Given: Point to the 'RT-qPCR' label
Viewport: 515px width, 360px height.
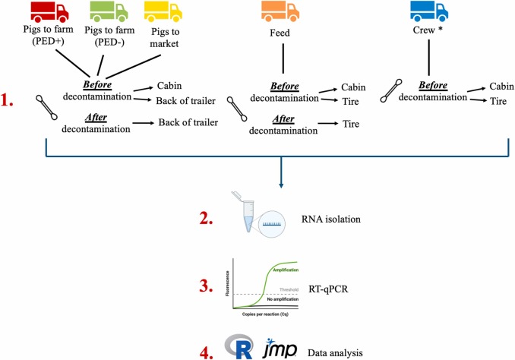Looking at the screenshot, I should (329, 287).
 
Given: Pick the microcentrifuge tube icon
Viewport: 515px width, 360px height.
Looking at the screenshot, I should (242, 219).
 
